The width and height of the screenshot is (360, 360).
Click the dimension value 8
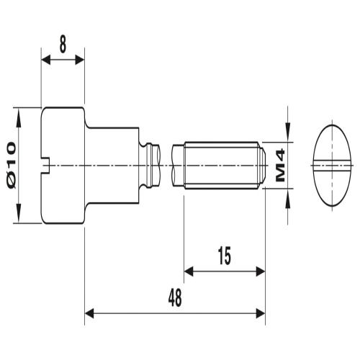tap(63, 44)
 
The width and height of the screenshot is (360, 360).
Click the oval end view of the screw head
tap(335, 164)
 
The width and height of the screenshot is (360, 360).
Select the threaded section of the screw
tap(220, 165)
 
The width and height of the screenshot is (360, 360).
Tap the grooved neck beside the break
tap(151, 165)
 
